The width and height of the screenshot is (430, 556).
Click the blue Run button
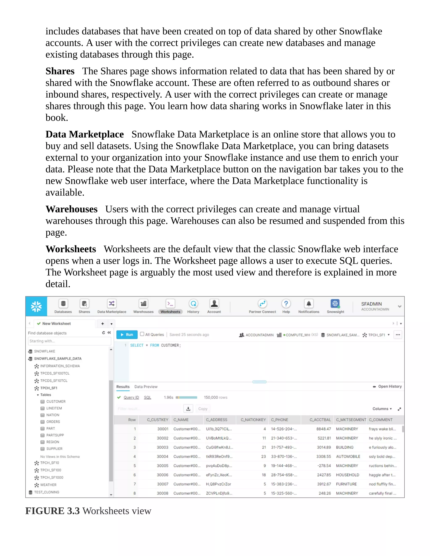(x=127, y=334)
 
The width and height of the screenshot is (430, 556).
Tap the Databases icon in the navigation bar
(x=63, y=304)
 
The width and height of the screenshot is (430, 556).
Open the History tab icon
(x=193, y=304)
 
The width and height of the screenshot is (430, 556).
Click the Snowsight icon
(x=335, y=304)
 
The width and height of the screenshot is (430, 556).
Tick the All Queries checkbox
(x=142, y=334)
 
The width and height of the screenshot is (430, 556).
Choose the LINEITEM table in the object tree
(x=54, y=408)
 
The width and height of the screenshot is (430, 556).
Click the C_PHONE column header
(x=279, y=420)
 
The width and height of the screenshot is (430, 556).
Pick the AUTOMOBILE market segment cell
(x=348, y=457)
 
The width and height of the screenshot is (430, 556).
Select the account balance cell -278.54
(x=324, y=466)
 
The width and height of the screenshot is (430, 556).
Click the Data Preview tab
(x=146, y=387)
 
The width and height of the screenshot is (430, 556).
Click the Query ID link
(x=131, y=397)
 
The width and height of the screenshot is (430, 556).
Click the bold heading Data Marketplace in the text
(x=85, y=134)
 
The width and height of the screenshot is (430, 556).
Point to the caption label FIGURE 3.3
(x=52, y=511)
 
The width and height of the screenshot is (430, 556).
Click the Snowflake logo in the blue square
(x=36, y=306)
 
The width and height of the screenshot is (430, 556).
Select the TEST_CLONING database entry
(x=47, y=492)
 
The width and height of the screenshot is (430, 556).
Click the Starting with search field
(x=69, y=341)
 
